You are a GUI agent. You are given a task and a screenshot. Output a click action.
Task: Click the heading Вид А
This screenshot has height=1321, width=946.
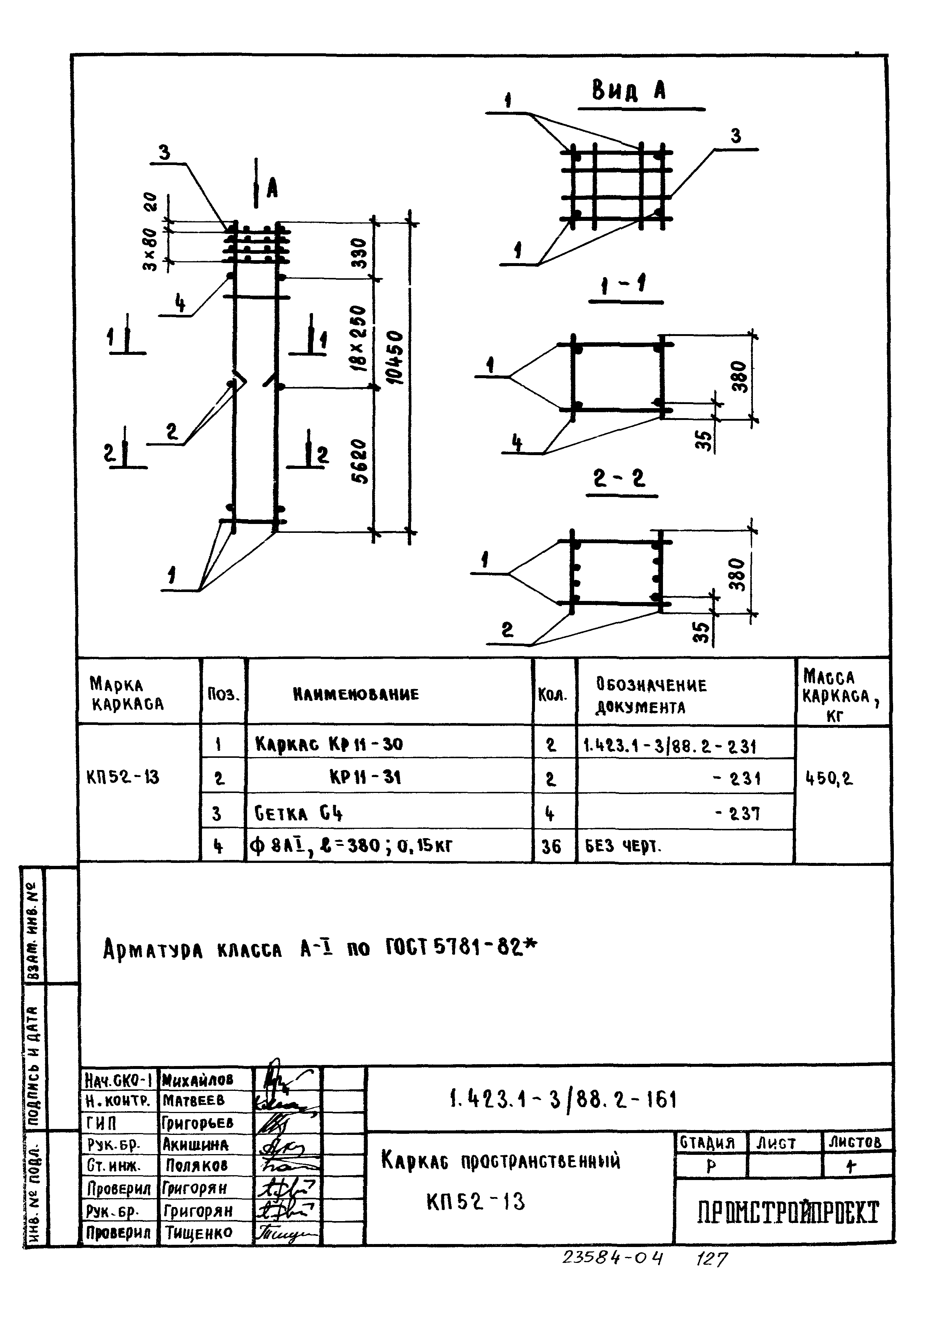click(x=629, y=91)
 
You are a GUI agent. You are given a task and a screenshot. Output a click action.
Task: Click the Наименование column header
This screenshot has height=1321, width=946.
click(x=355, y=694)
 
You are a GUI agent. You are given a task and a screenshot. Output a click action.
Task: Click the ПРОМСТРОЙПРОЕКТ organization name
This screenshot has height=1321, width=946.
click(x=788, y=1213)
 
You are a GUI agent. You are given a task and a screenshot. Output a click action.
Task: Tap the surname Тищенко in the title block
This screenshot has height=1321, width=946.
click(x=199, y=1233)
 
